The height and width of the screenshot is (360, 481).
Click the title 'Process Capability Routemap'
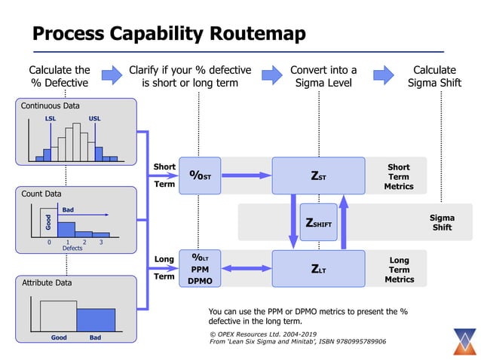tap(169, 34)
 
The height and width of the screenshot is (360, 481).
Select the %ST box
tap(200, 175)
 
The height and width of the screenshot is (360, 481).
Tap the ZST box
tap(318, 175)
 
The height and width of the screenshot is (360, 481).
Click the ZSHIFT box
tap(318, 222)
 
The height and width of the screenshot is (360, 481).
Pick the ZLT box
tap(318, 268)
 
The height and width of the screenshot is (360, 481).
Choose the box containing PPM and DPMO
tap(200, 268)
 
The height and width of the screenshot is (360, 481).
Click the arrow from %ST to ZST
tap(246, 175)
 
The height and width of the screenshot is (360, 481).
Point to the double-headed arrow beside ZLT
tap(246, 268)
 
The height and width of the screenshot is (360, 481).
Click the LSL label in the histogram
tap(51, 119)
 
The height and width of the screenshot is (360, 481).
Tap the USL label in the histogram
tap(95, 119)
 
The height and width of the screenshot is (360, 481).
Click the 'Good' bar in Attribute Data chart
tap(58, 313)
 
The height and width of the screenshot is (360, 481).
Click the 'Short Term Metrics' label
tap(399, 176)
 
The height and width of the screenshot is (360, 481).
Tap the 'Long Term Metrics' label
tap(399, 270)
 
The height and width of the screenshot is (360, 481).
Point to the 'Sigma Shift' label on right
tap(442, 222)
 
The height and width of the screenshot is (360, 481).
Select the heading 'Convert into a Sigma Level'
tap(323, 76)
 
